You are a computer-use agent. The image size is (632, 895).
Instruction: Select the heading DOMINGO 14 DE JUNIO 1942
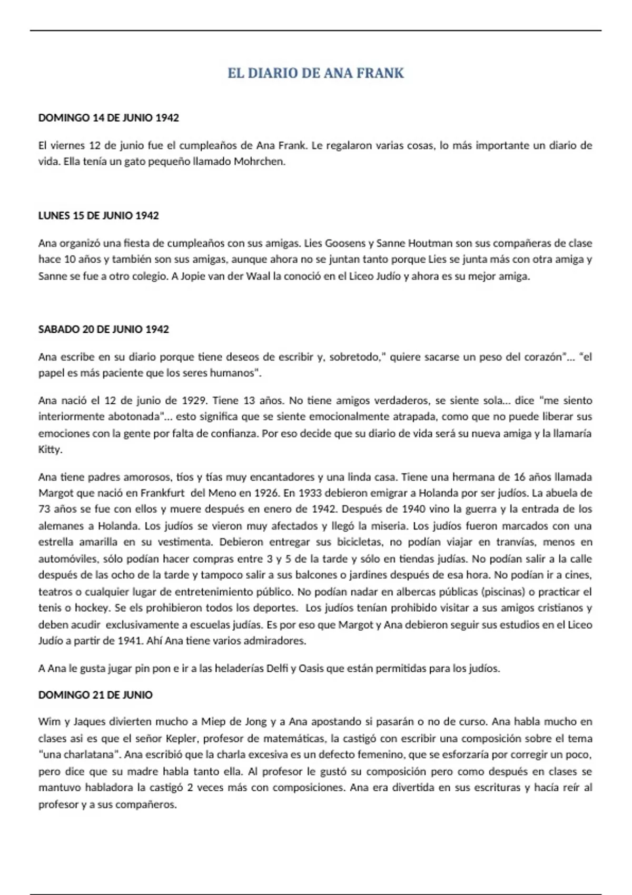[x=108, y=118]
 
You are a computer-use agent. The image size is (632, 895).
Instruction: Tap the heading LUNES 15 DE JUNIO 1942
[x=98, y=215]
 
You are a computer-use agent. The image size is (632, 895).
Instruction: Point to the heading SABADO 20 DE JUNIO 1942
[x=104, y=330]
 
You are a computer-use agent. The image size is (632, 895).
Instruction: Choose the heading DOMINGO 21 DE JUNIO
[x=95, y=695]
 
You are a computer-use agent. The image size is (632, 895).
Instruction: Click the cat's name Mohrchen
[x=259, y=162]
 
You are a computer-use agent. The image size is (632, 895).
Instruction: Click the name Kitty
[x=50, y=450]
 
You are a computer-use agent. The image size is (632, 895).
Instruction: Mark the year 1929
[x=193, y=401]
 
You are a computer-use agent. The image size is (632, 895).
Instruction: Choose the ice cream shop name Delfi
[x=277, y=669]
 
